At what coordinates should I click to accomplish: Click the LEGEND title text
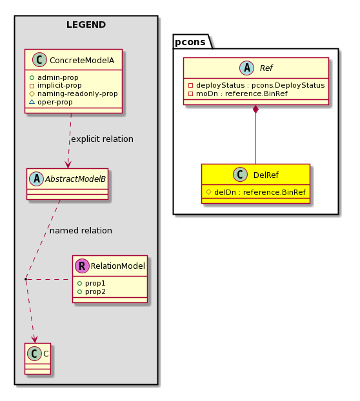pyautogui.click(x=86, y=24)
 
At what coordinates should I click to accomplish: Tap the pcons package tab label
pyautogui.click(x=190, y=42)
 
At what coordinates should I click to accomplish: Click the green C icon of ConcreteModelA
pyautogui.click(x=39, y=60)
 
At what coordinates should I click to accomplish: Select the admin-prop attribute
pyautogui.click(x=54, y=77)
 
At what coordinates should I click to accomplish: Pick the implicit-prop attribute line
pyautogui.click(x=55, y=85)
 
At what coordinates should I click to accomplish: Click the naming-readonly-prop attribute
pyautogui.click(x=74, y=94)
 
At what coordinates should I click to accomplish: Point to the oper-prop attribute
pyautogui.click(x=51, y=102)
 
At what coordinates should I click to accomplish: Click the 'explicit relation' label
pyautogui.click(x=102, y=139)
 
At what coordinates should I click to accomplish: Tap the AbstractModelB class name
pyautogui.click(x=75, y=179)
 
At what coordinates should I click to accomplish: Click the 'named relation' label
pyautogui.click(x=81, y=230)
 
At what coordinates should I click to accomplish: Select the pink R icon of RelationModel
pyautogui.click(x=82, y=266)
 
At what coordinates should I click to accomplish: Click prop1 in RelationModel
pyautogui.click(x=92, y=283)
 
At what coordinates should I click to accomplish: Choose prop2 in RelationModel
pyautogui.click(x=92, y=291)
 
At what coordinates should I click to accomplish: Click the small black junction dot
pyautogui.click(x=26, y=279)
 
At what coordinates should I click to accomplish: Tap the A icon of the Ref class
pyautogui.click(x=246, y=68)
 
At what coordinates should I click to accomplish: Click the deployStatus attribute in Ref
pyautogui.click(x=256, y=85)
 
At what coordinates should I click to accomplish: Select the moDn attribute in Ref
pyautogui.click(x=238, y=93)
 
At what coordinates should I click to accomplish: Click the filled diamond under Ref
pyautogui.click(x=255, y=109)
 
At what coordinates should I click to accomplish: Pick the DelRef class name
pyautogui.click(x=266, y=175)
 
